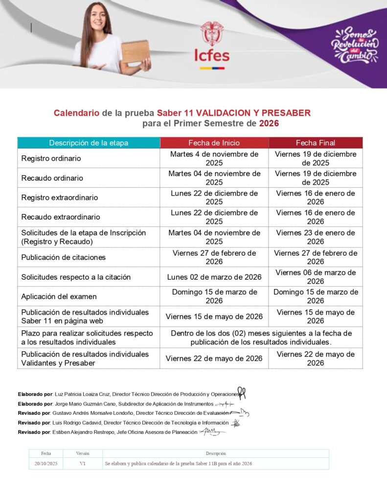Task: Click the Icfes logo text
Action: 212,55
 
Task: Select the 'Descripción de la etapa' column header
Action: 89,143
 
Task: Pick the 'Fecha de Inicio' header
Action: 214,143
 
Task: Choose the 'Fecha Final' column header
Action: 315,143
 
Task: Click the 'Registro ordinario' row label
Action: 51,159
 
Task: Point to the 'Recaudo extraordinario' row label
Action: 61,217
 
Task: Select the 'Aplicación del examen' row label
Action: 59,296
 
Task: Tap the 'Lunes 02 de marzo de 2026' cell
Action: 214,277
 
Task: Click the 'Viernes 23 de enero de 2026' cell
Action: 315,237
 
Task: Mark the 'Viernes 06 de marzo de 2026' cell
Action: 315,276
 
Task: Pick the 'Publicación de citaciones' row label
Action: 63,257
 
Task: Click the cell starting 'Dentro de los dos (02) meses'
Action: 261,337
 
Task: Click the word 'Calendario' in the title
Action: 76,113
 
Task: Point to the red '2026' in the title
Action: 269,124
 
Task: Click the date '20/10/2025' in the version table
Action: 46,463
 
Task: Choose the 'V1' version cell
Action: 83,463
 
